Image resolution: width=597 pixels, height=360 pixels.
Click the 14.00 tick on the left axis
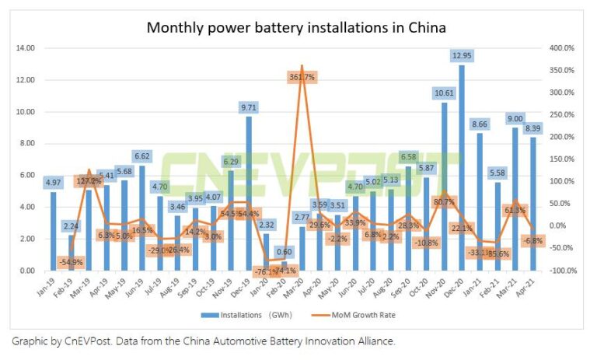tap(26, 48)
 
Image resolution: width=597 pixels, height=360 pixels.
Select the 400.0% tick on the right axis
tap(560, 48)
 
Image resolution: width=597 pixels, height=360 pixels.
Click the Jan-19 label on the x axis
tap(48, 285)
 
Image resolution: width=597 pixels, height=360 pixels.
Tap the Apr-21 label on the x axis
tap(532, 285)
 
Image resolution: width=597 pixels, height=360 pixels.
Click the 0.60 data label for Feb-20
tap(285, 251)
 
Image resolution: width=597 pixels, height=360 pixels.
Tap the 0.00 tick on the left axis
tap(27, 271)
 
